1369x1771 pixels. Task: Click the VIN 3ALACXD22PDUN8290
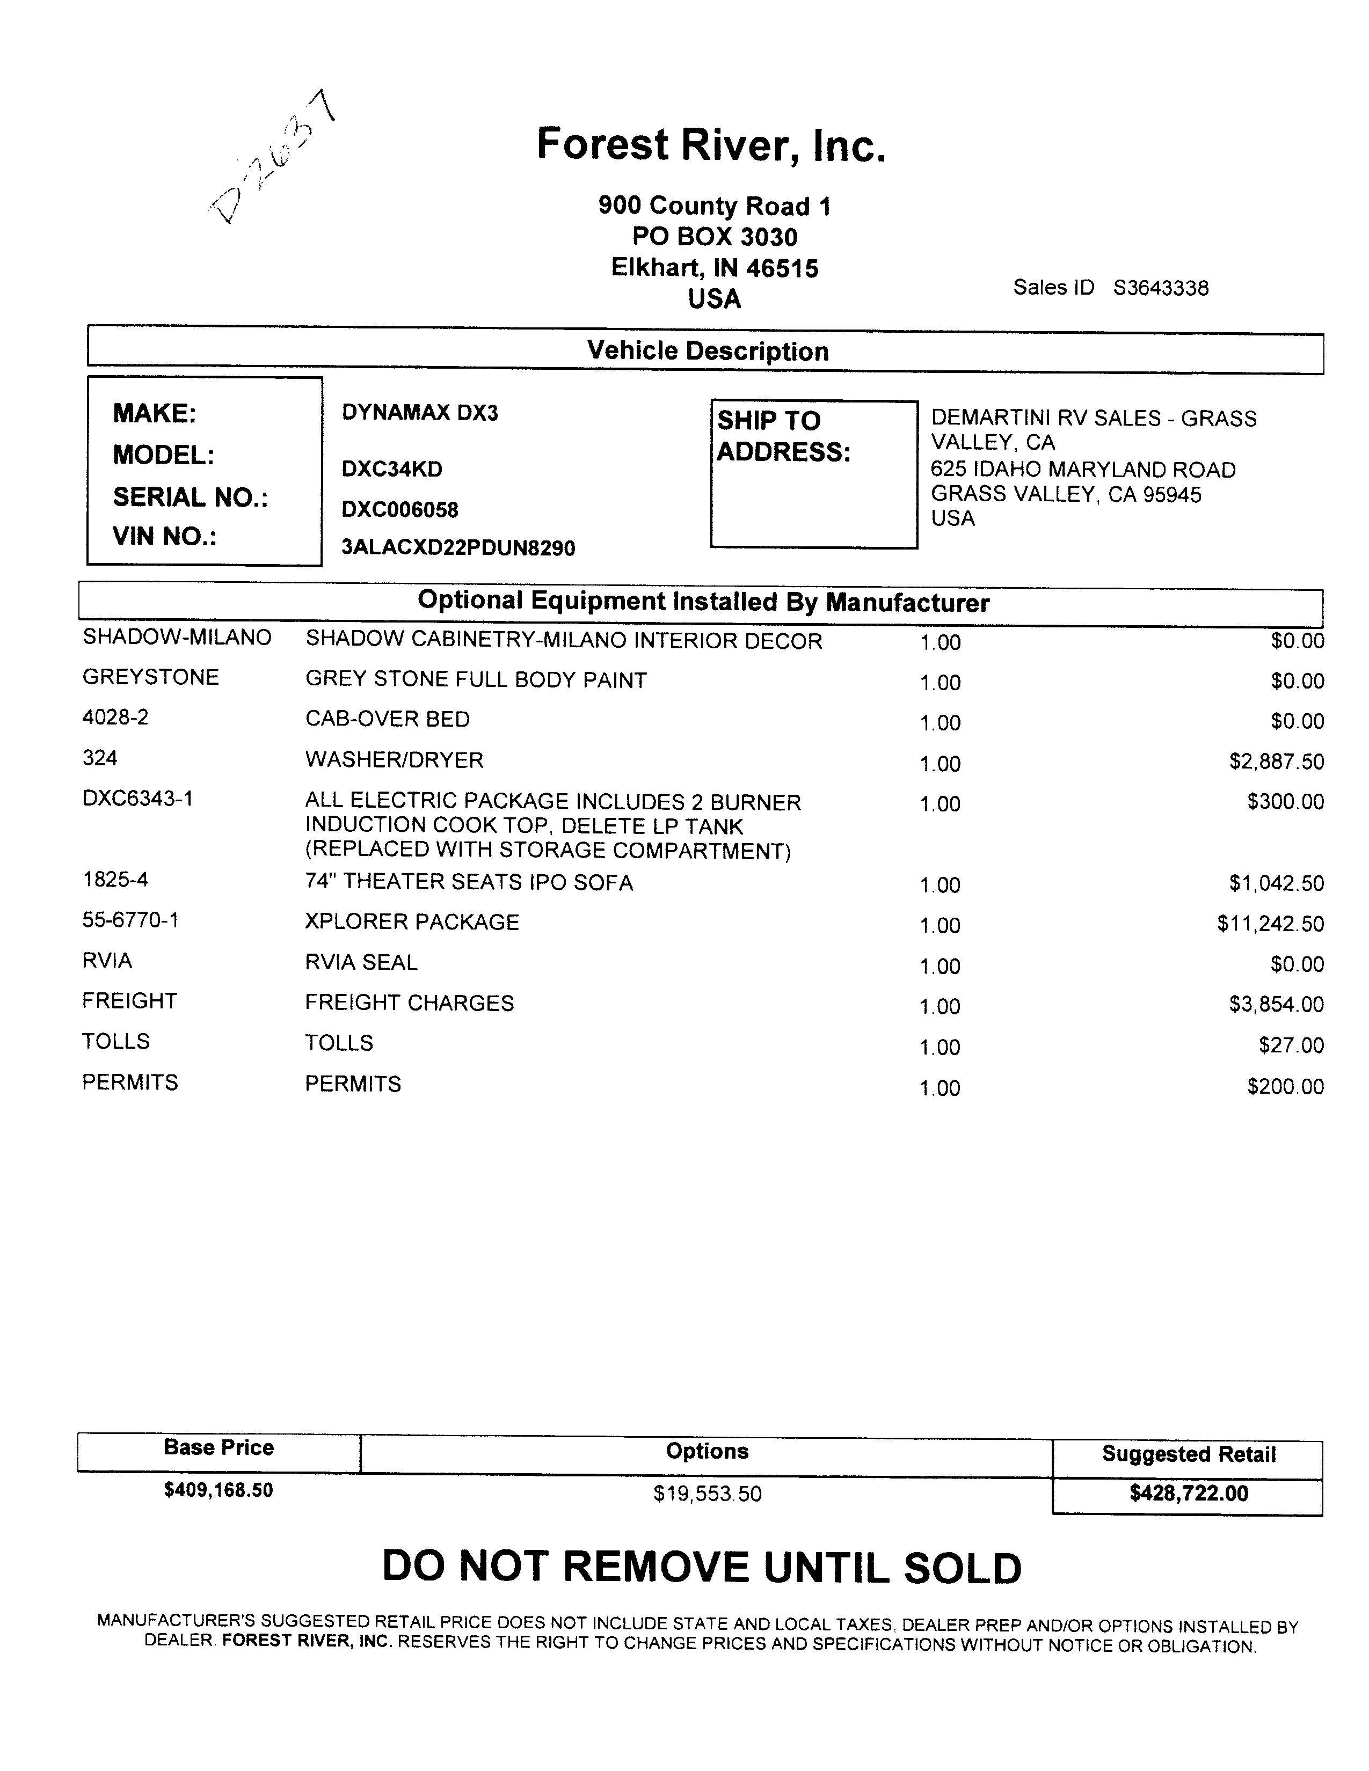(x=458, y=548)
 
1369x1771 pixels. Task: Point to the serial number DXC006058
(x=400, y=509)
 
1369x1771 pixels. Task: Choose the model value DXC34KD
(x=392, y=469)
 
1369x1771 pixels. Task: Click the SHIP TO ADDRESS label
(x=783, y=436)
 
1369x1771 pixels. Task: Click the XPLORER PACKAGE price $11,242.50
(x=1270, y=924)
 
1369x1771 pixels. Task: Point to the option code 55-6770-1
(x=130, y=919)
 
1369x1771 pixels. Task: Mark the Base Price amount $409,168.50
(x=218, y=1490)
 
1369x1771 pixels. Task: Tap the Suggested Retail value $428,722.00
(x=1188, y=1494)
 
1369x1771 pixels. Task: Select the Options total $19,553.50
(x=707, y=1494)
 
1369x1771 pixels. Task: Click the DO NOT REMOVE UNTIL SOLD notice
(x=702, y=1568)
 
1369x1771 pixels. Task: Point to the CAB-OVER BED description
(x=387, y=719)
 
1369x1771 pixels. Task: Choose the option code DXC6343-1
(x=138, y=799)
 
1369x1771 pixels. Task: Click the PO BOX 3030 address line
(x=715, y=237)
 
